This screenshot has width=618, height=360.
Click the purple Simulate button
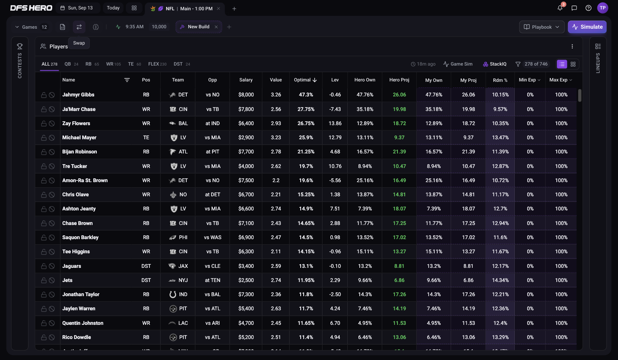[x=587, y=27]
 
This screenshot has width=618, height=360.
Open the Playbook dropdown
[x=542, y=27]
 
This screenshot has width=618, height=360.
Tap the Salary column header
[x=246, y=80]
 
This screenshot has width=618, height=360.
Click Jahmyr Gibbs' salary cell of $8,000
[x=246, y=95]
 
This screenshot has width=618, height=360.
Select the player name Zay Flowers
[x=76, y=123]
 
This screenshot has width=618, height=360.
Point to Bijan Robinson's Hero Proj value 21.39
[x=399, y=152]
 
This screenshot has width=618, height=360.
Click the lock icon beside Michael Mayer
[x=44, y=138]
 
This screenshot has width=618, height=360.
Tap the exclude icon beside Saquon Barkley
[x=51, y=237]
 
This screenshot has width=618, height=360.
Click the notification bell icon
[x=560, y=8]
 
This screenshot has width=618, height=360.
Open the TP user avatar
[x=603, y=8]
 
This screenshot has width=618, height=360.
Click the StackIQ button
[x=495, y=64]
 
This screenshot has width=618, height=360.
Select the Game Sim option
[x=458, y=64]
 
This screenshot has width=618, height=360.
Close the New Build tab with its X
[x=216, y=27]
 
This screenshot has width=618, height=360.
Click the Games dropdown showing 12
[x=31, y=27]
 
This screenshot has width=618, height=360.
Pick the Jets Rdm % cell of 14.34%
[x=500, y=280]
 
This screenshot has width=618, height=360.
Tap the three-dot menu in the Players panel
[x=572, y=46]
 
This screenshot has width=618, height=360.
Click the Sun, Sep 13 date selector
[x=77, y=8]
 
